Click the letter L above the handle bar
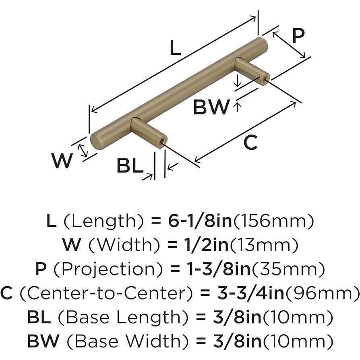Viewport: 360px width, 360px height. coord(175,47)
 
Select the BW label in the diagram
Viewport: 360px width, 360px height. coord(211,107)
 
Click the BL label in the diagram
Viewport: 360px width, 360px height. coord(130,166)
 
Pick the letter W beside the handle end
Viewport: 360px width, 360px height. coord(62,161)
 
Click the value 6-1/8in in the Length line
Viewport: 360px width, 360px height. coord(200,221)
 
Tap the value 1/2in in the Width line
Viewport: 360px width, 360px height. coord(206,245)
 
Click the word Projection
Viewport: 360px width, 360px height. coord(108,269)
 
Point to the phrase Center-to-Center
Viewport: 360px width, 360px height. coord(106,294)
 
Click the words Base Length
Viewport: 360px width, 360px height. coord(123,317)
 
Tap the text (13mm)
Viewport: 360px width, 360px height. coord(264,245)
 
